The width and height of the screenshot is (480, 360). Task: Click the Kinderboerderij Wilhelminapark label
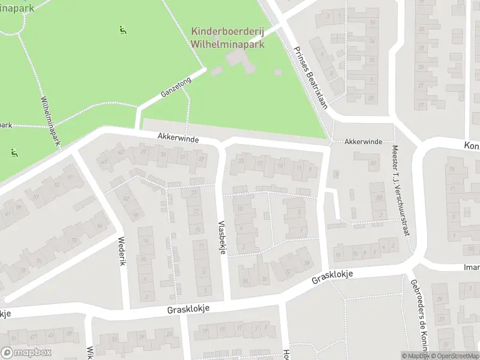[x=227, y=37]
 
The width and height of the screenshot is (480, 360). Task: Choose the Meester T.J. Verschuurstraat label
[x=401, y=190]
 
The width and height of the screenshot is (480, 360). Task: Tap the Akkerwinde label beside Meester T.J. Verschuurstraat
[x=363, y=142]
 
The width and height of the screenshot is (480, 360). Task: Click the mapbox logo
[x=26, y=353]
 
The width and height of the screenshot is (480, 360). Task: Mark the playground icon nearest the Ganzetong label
[x=123, y=30]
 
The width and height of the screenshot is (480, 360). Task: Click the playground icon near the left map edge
[x=13, y=152]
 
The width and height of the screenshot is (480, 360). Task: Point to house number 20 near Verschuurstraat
[x=373, y=163]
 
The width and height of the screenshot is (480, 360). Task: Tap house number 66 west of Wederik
[x=99, y=226]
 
